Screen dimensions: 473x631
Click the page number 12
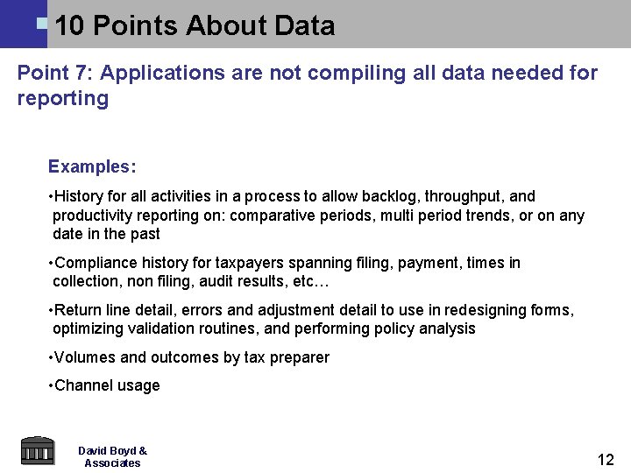pyautogui.click(x=605, y=460)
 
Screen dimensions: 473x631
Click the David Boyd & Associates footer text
pyautogui.click(x=112, y=456)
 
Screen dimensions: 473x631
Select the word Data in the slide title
pyautogui.click(x=304, y=26)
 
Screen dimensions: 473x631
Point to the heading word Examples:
pyautogui.click(x=92, y=166)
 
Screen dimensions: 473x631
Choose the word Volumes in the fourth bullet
pyautogui.click(x=85, y=357)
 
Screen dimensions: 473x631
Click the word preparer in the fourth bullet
pyautogui.click(x=299, y=357)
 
